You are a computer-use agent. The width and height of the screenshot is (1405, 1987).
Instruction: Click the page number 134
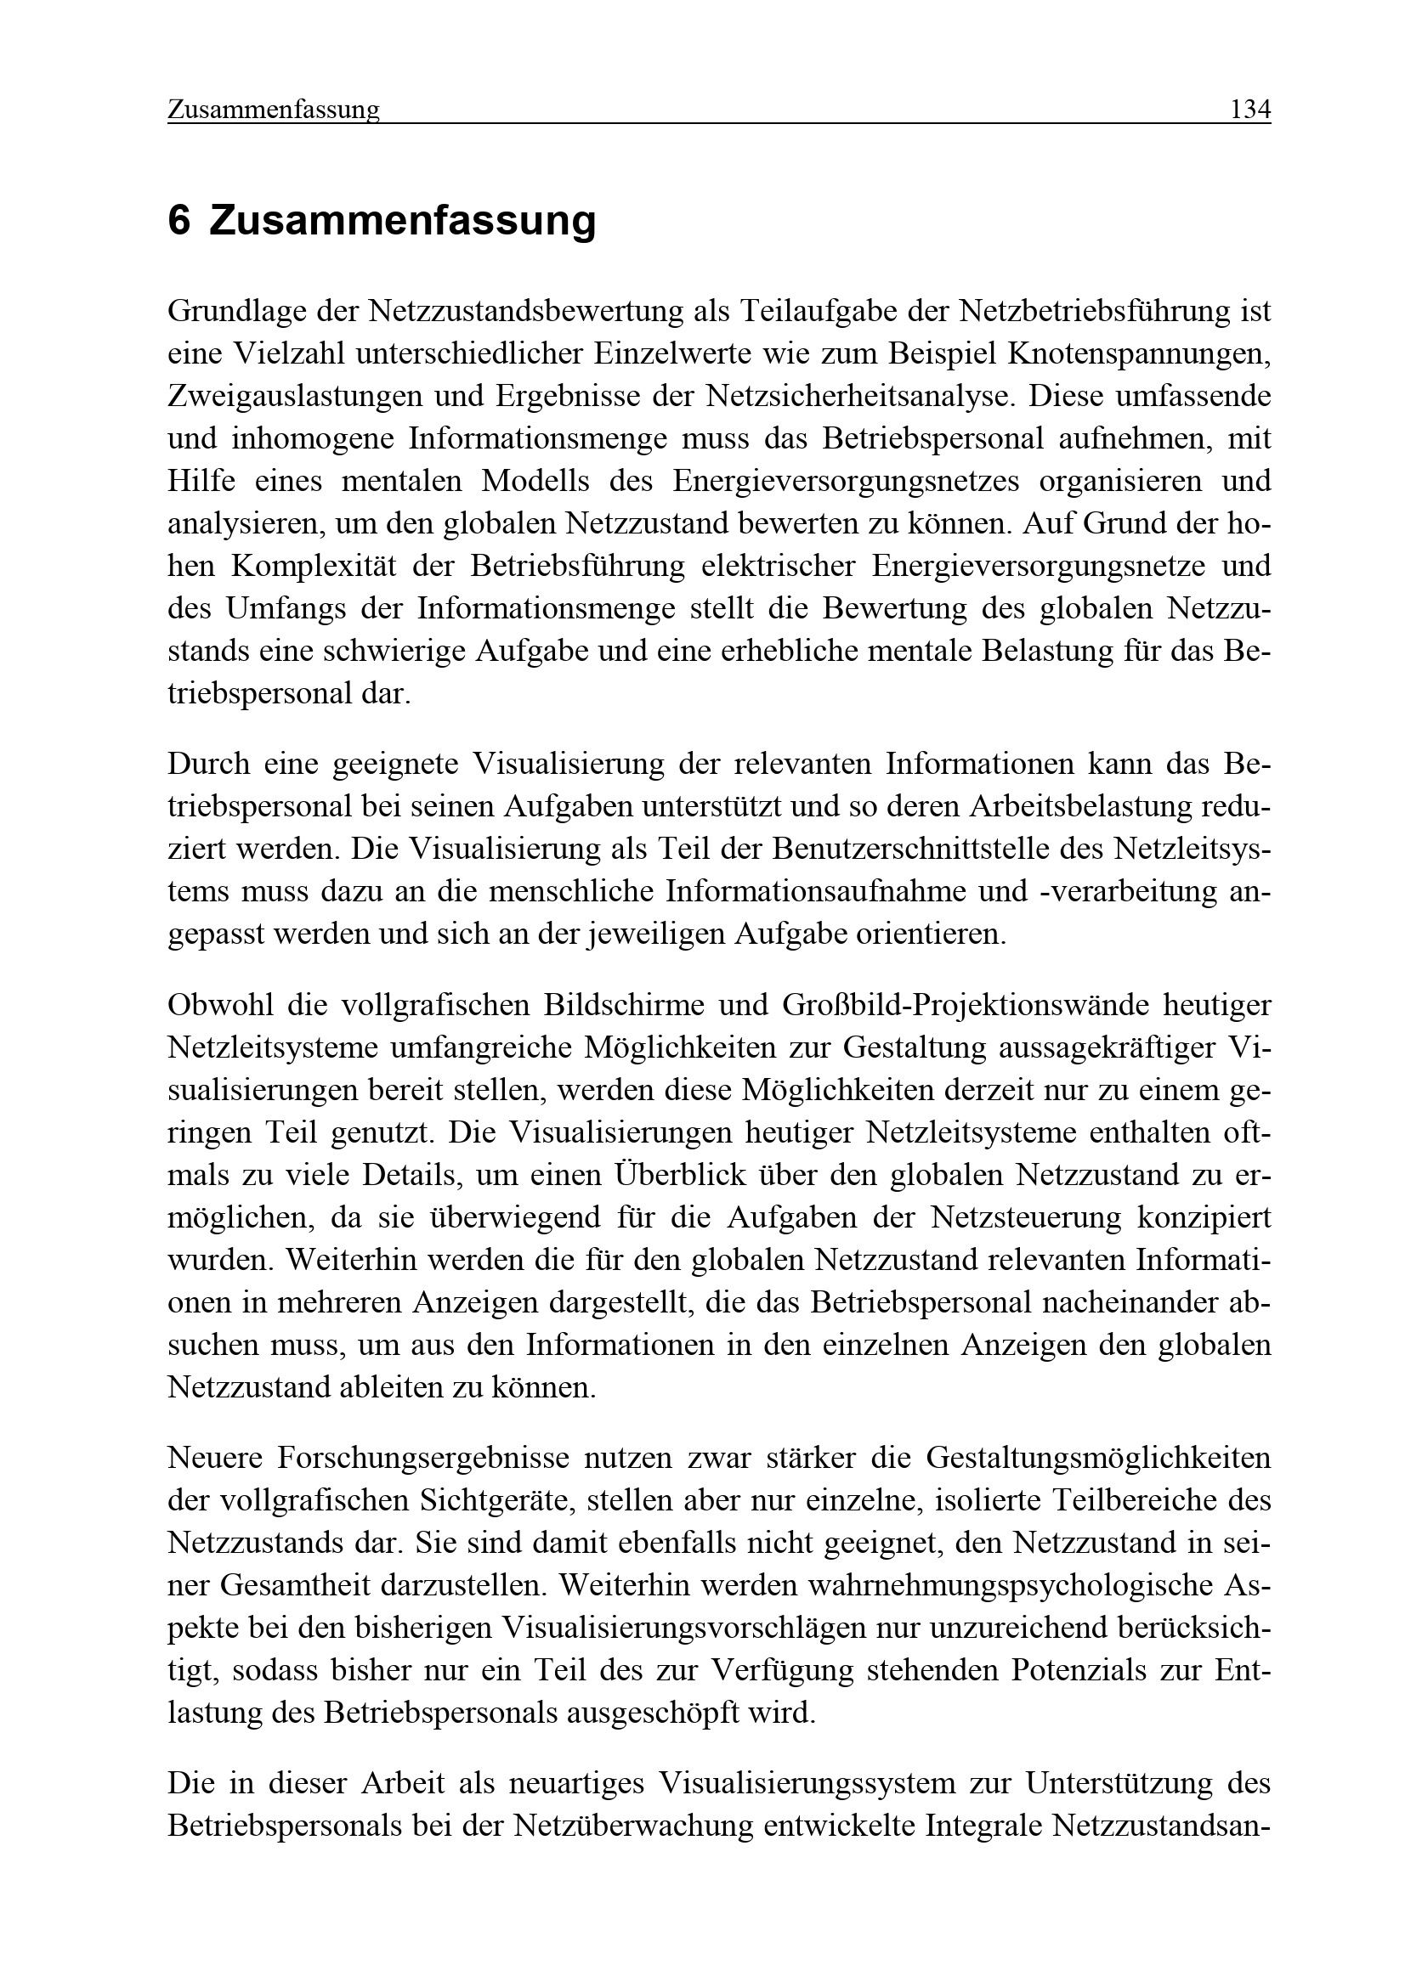point(1250,110)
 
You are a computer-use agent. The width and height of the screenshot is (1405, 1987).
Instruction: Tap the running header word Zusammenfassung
point(274,110)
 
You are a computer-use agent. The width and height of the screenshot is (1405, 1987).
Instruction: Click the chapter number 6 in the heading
point(178,220)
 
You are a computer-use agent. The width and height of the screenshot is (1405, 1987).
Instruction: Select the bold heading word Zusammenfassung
point(403,220)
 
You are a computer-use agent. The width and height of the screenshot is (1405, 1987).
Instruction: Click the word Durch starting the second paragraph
point(207,764)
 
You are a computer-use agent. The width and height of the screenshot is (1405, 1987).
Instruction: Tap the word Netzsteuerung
point(1026,1217)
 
